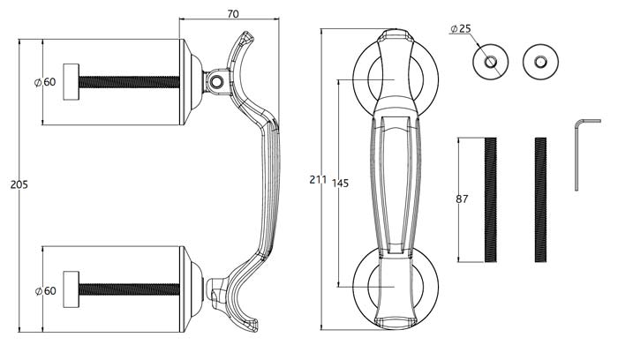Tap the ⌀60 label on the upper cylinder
[x=45, y=82]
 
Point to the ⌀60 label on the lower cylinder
[x=45, y=290]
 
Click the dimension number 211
[x=318, y=180]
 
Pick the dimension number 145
[x=341, y=184]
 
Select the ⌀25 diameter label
[x=460, y=29]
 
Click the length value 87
[x=462, y=199]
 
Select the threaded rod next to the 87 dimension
[x=491, y=200]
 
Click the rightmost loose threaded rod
[x=540, y=200]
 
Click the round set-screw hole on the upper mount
[x=215, y=82]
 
